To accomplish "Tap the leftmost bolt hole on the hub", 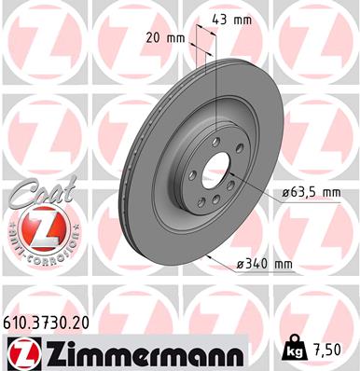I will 191,172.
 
